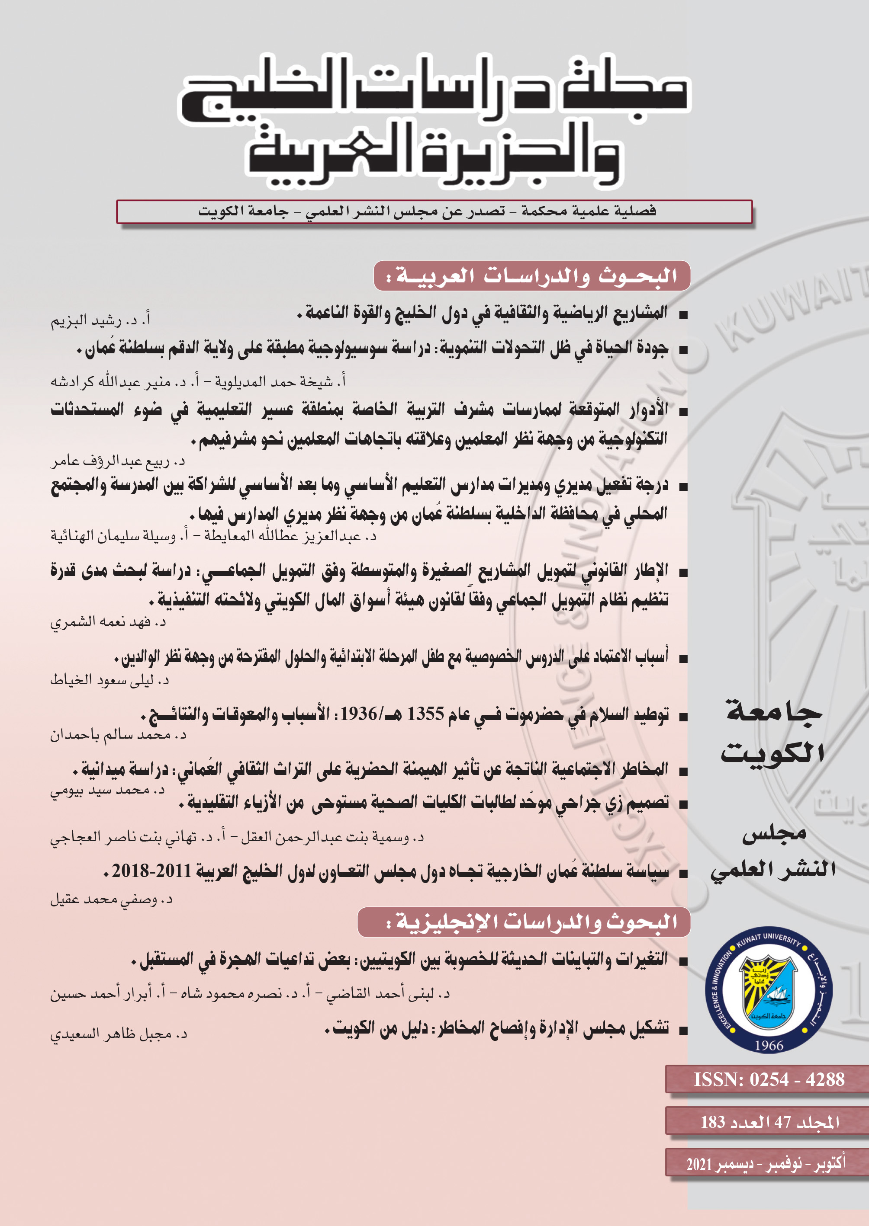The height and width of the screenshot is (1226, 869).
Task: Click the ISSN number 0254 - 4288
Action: (x=769, y=1079)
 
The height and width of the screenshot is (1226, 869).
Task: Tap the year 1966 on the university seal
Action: (x=769, y=1045)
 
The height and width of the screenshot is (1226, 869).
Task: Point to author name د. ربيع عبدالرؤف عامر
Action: (x=118, y=461)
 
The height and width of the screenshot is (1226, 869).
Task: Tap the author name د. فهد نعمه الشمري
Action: (x=108, y=621)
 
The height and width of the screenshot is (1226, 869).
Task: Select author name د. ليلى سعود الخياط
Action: (x=109, y=680)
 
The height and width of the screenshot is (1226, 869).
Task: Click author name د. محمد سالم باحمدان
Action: (x=118, y=735)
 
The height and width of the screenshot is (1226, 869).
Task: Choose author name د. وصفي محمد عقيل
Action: (x=111, y=900)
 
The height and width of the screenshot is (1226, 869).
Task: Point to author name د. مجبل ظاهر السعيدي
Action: (x=119, y=1034)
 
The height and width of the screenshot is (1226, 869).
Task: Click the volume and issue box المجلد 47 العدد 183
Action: (x=769, y=1122)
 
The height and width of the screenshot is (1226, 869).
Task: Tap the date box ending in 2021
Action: (x=766, y=1163)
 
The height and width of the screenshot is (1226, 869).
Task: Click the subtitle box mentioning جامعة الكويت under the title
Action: (x=434, y=212)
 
